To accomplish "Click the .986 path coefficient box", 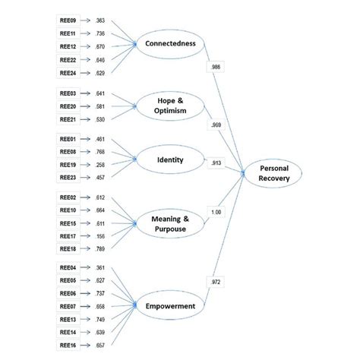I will click(x=216, y=68).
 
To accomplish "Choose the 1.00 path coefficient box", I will click(x=216, y=211).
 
